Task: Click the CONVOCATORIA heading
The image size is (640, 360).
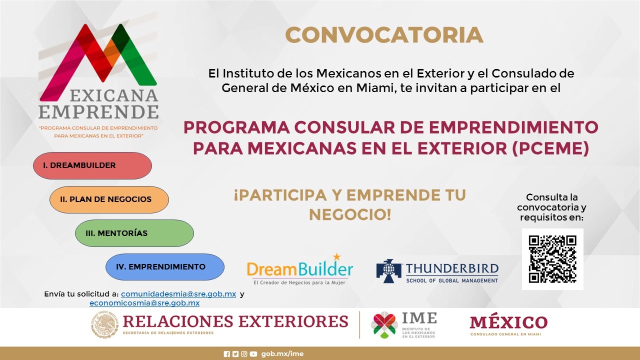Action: [x=384, y=35]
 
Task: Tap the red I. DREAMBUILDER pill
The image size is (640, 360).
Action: [x=92, y=165]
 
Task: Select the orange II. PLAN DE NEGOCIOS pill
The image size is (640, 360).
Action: [x=109, y=199]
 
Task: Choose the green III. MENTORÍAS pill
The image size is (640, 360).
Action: [x=134, y=233]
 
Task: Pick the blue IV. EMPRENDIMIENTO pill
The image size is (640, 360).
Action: [x=165, y=267]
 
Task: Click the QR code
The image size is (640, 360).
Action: [x=552, y=259]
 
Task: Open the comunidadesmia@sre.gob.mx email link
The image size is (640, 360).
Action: [x=178, y=294]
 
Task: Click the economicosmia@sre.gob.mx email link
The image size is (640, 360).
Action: [x=144, y=303]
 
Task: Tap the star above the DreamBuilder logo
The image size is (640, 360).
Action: [x=337, y=256]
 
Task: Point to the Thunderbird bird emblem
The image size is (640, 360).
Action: [x=388, y=271]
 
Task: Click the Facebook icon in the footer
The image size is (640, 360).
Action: [x=227, y=354]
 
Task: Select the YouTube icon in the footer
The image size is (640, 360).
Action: [x=253, y=354]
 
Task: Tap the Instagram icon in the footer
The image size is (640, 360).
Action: [x=244, y=354]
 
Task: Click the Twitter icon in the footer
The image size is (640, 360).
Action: [x=235, y=354]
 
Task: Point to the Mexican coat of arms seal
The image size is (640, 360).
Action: [x=104, y=325]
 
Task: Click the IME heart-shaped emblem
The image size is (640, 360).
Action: [x=384, y=325]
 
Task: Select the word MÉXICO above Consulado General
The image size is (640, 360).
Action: [x=508, y=322]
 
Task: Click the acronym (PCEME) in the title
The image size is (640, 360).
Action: [x=550, y=148]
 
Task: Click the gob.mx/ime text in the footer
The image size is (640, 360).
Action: [x=282, y=354]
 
